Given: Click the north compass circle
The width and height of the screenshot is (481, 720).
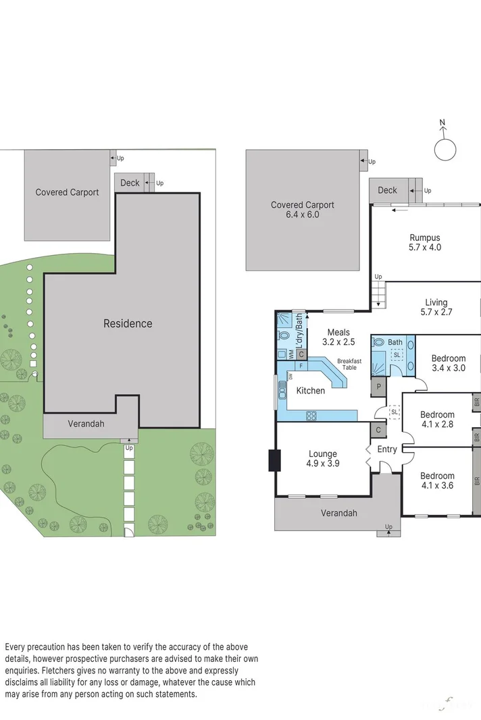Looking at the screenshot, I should click(445, 150).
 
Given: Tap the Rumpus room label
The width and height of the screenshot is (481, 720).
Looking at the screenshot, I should click(424, 238).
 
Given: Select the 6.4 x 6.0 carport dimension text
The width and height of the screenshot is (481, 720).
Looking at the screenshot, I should click(302, 215).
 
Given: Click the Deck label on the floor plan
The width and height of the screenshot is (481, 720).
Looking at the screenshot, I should click(387, 190).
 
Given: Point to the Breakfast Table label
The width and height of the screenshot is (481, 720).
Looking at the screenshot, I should click(349, 364).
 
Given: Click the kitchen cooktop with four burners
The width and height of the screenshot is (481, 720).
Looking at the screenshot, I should click(312, 415).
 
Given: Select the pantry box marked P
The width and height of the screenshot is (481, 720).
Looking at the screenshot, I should click(379, 387).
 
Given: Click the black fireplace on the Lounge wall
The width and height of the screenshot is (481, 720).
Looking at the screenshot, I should click(274, 460).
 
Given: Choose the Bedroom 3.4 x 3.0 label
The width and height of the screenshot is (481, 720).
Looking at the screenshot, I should click(449, 358).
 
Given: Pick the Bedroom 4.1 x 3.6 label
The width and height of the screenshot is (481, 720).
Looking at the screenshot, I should click(436, 476).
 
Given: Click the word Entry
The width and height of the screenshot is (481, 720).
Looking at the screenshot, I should click(387, 449).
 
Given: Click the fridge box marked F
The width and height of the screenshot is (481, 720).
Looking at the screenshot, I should click(299, 365).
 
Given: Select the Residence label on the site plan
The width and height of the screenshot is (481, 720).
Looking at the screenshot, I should click(127, 323).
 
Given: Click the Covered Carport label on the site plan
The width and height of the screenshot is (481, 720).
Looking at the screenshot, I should click(67, 192).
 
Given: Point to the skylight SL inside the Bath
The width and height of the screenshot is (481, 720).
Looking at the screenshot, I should click(396, 355).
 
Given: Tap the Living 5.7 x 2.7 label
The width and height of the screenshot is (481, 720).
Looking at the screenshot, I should click(436, 303).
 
